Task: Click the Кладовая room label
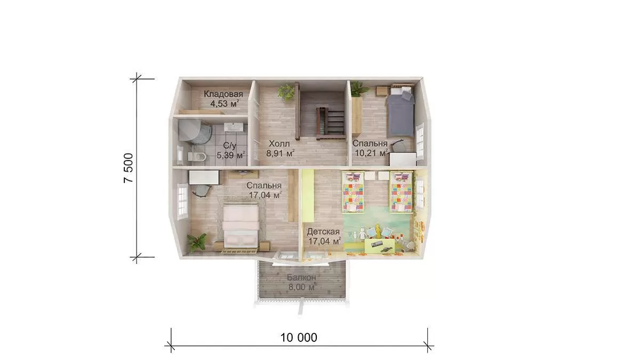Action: pos(223,94)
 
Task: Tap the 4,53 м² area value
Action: pos(225,103)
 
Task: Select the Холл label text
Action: pos(279,143)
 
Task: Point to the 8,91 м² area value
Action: pos(281,154)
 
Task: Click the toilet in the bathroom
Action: pos(197,157)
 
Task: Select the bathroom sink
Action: pos(235,127)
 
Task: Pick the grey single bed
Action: pos(400,111)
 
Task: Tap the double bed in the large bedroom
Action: pos(241,226)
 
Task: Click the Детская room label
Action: pos(323,231)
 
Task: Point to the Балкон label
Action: pos(302,277)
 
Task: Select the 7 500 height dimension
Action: pos(129,168)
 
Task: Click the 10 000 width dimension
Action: pos(299,338)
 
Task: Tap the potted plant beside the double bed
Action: pos(197,243)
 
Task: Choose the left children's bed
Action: pos(353,192)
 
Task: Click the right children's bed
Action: pos(402,192)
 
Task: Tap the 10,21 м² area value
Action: pos(371,153)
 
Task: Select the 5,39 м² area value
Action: pos(231,155)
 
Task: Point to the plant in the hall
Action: pos(286,92)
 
